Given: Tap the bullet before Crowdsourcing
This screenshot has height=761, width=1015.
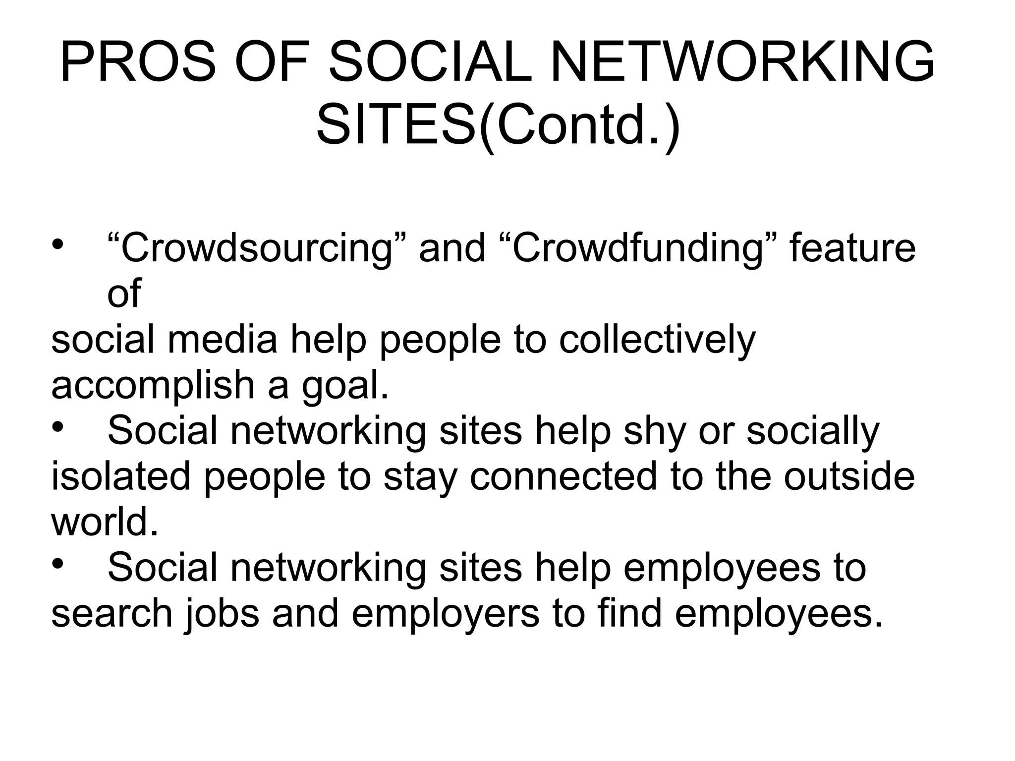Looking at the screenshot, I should click(58, 244).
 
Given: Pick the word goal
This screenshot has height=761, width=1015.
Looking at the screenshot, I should click(345, 386).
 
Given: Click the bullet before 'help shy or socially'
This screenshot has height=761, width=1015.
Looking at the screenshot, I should click(58, 427).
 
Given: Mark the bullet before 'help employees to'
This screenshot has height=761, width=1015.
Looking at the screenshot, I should click(58, 564).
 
